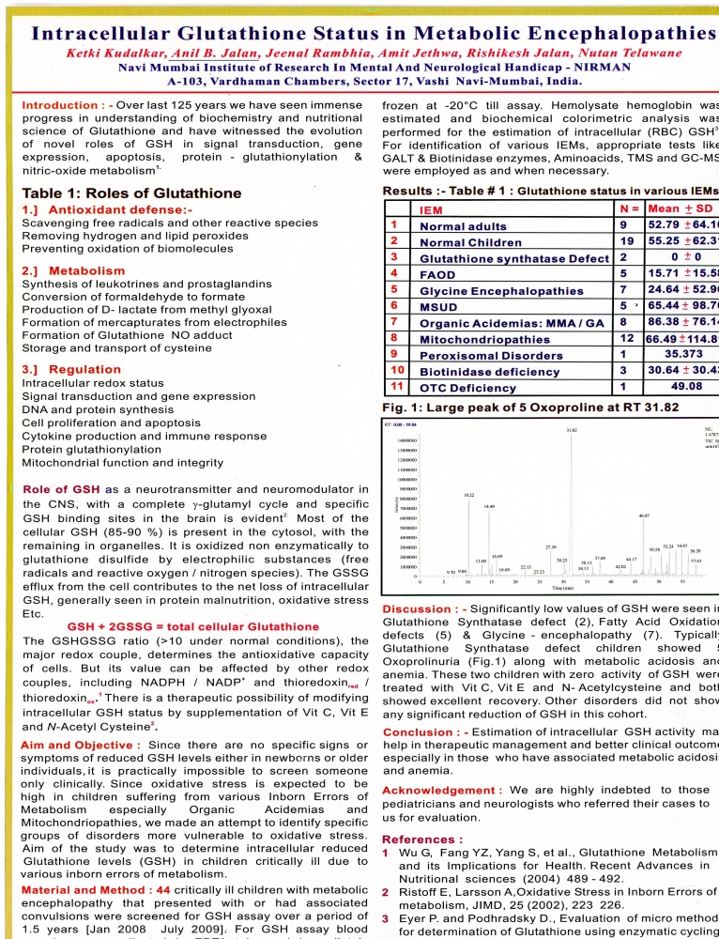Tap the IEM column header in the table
pyautogui.click(x=432, y=210)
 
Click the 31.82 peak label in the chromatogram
pyautogui.click(x=572, y=431)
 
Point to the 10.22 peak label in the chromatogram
pyautogui.click(x=468, y=493)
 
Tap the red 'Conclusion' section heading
pyautogui.click(x=423, y=731)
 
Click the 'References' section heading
pyautogui.click(x=420, y=839)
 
